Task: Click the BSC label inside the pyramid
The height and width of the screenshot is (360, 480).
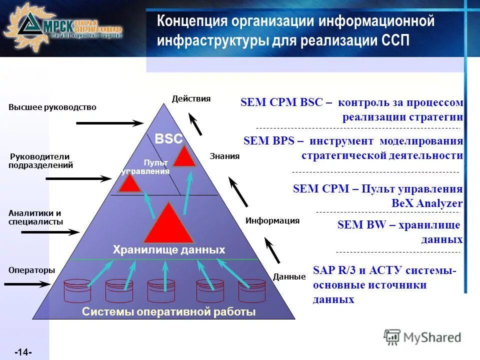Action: pos(168,139)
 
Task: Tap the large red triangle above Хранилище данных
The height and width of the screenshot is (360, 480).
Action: pos(168,224)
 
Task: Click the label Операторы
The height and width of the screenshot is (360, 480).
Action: pos(31,270)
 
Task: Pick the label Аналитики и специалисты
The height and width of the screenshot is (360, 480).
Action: pos(35,217)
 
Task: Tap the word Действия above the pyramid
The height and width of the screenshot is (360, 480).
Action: pos(191,98)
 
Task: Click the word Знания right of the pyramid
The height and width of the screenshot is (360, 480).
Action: pos(224,156)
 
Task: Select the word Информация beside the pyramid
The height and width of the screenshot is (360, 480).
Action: pos(272,220)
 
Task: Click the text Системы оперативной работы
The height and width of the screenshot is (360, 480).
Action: pos(168,312)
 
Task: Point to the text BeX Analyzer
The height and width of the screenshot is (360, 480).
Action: pos(427,203)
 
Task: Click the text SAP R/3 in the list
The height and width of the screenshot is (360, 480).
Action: pos(332,270)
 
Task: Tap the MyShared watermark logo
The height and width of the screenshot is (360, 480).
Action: pos(422,337)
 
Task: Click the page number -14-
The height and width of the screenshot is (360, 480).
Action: pos(23,352)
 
